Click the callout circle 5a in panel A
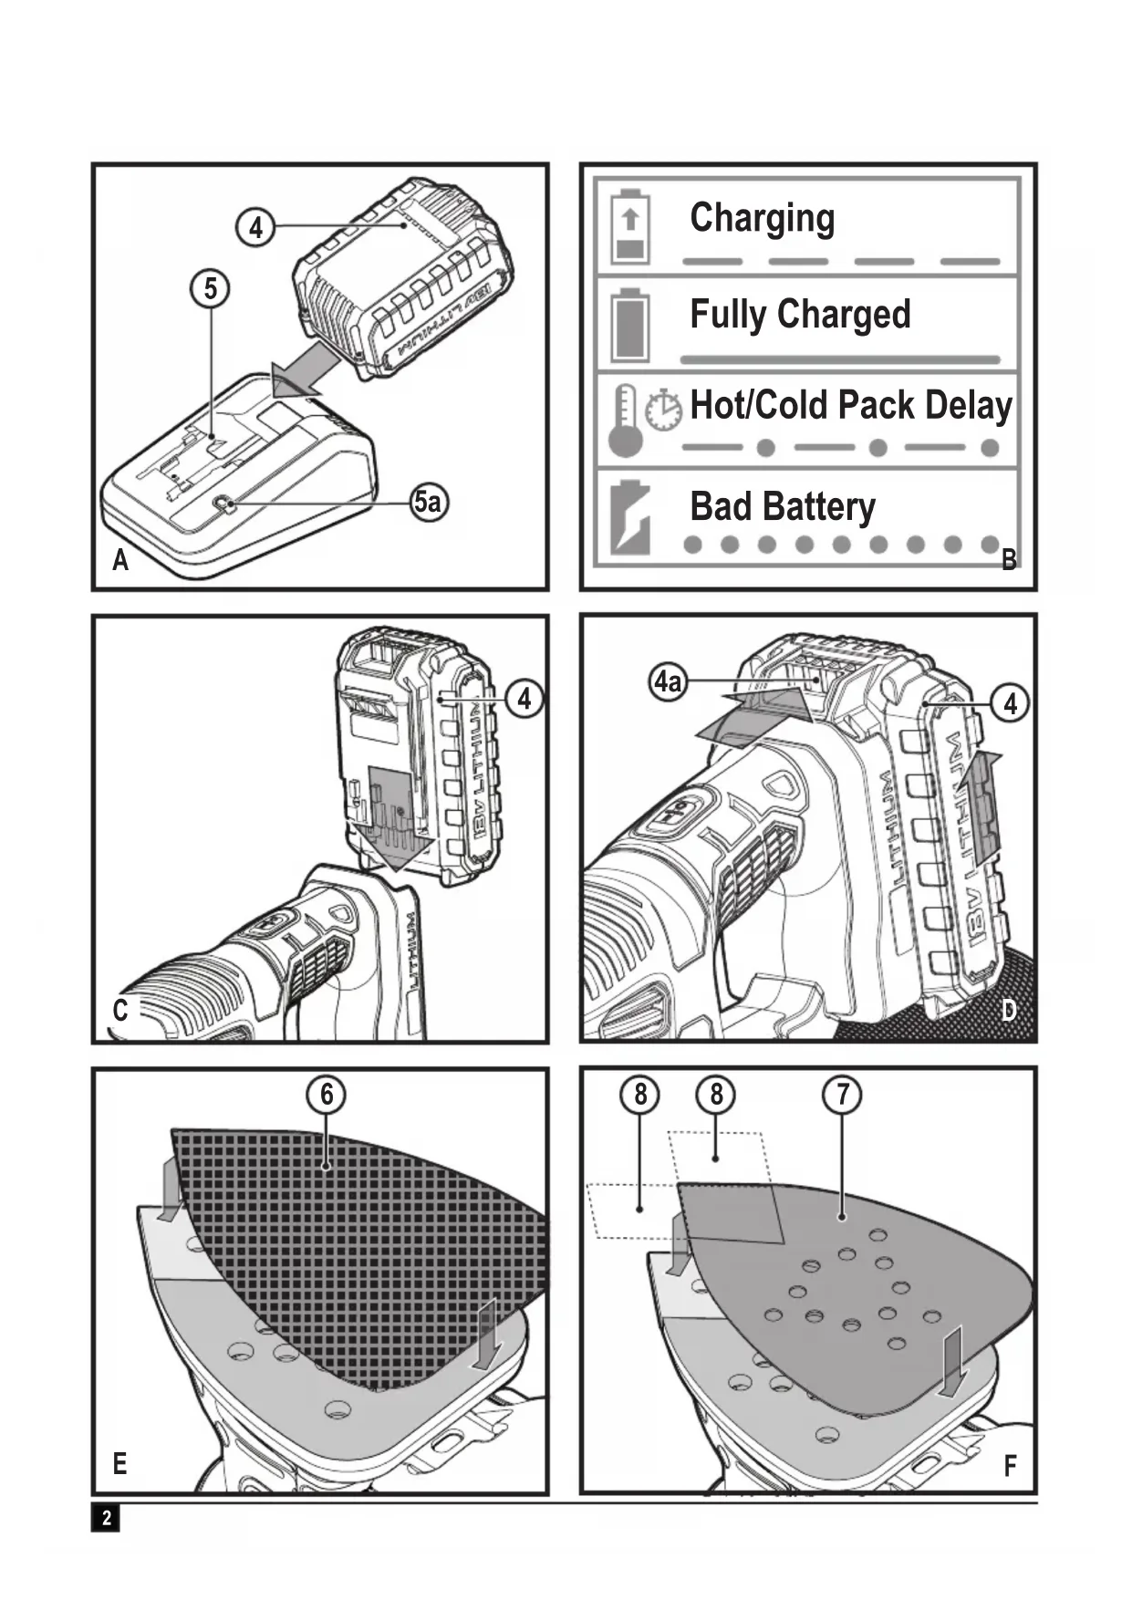pyautogui.click(x=429, y=502)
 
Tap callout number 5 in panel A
pyautogui.click(x=211, y=288)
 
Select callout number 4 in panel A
pyautogui.click(x=256, y=227)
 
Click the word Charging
pyautogui.click(x=762, y=219)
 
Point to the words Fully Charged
pyautogui.click(x=800, y=315)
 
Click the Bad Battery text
pyautogui.click(x=782, y=507)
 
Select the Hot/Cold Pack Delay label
pyautogui.click(x=850, y=406)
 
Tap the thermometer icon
pyautogui.click(x=626, y=420)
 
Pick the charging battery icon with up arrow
pyautogui.click(x=630, y=226)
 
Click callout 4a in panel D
pyautogui.click(x=668, y=681)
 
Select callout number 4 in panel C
pyautogui.click(x=524, y=699)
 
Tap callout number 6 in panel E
pyautogui.click(x=327, y=1093)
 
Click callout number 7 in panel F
pyautogui.click(x=842, y=1093)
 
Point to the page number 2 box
pyautogui.click(x=106, y=1517)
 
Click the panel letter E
pyautogui.click(x=119, y=1464)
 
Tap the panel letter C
pyautogui.click(x=119, y=1011)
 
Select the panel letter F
pyautogui.click(x=1010, y=1466)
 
